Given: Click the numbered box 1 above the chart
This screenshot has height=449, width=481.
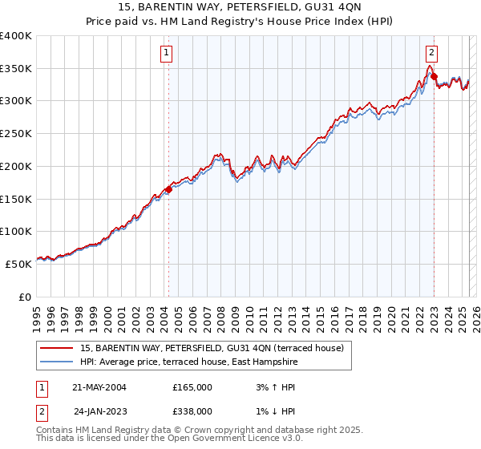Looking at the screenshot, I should pyautogui.click(x=166, y=54).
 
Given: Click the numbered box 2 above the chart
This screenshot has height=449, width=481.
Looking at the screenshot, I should pyautogui.click(x=431, y=53).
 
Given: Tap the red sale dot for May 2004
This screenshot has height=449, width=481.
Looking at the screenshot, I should pyautogui.click(x=169, y=190).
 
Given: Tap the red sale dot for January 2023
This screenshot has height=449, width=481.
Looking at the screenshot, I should pyautogui.click(x=434, y=77).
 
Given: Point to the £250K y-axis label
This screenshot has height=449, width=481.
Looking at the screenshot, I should pyautogui.click(x=16, y=134).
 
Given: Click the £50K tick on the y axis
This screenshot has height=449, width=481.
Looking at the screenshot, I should pyautogui.click(x=19, y=264).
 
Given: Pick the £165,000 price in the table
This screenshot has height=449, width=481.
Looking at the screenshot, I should pyautogui.click(x=192, y=387).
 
